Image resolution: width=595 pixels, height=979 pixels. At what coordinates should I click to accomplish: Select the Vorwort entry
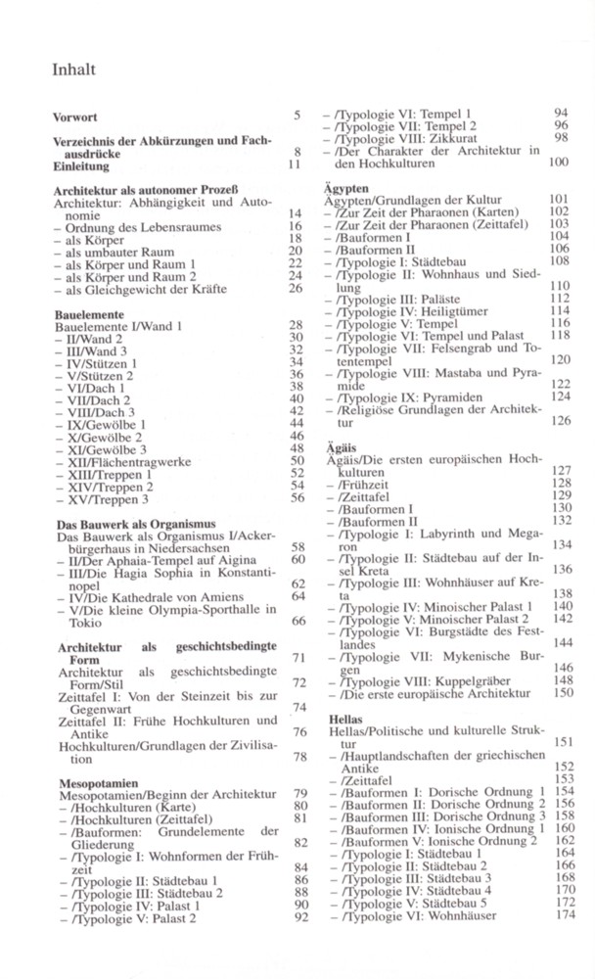75,117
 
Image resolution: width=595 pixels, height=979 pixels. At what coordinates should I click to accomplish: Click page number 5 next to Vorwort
297,117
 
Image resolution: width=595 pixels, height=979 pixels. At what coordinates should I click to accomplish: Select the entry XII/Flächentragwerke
126,460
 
